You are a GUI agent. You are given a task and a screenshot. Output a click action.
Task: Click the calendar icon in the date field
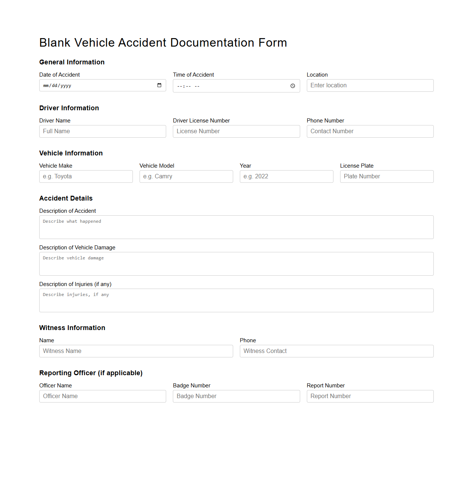[159, 85]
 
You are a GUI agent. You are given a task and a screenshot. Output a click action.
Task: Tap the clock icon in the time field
[292, 86]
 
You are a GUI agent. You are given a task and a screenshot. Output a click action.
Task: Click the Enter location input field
[370, 85]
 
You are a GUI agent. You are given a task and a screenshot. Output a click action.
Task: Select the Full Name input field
[103, 131]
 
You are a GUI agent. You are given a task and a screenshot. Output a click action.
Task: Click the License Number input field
[236, 131]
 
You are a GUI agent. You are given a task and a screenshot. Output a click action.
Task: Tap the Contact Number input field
[370, 131]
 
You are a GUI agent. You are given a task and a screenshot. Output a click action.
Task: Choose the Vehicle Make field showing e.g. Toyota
[86, 176]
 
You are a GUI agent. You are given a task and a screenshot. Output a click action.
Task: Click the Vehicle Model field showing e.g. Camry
[186, 176]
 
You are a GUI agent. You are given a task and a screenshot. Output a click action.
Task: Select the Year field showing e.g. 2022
[286, 176]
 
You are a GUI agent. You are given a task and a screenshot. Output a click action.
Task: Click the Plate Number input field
[387, 176]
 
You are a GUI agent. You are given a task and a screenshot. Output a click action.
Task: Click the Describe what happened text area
[236, 227]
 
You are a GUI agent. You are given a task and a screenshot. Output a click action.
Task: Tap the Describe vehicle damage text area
[236, 264]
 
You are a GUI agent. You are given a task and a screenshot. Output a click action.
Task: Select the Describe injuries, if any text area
[236, 300]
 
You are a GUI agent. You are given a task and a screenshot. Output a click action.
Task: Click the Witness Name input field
[136, 351]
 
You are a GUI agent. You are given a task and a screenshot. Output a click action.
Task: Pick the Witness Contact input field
[336, 351]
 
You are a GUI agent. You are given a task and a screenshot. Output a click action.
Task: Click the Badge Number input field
[236, 396]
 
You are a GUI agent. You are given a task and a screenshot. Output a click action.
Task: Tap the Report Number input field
[370, 396]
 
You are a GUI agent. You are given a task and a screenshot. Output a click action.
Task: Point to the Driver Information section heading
[69, 108]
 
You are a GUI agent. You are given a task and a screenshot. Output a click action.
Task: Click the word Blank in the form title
[55, 43]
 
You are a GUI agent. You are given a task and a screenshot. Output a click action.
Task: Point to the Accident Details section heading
[66, 198]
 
